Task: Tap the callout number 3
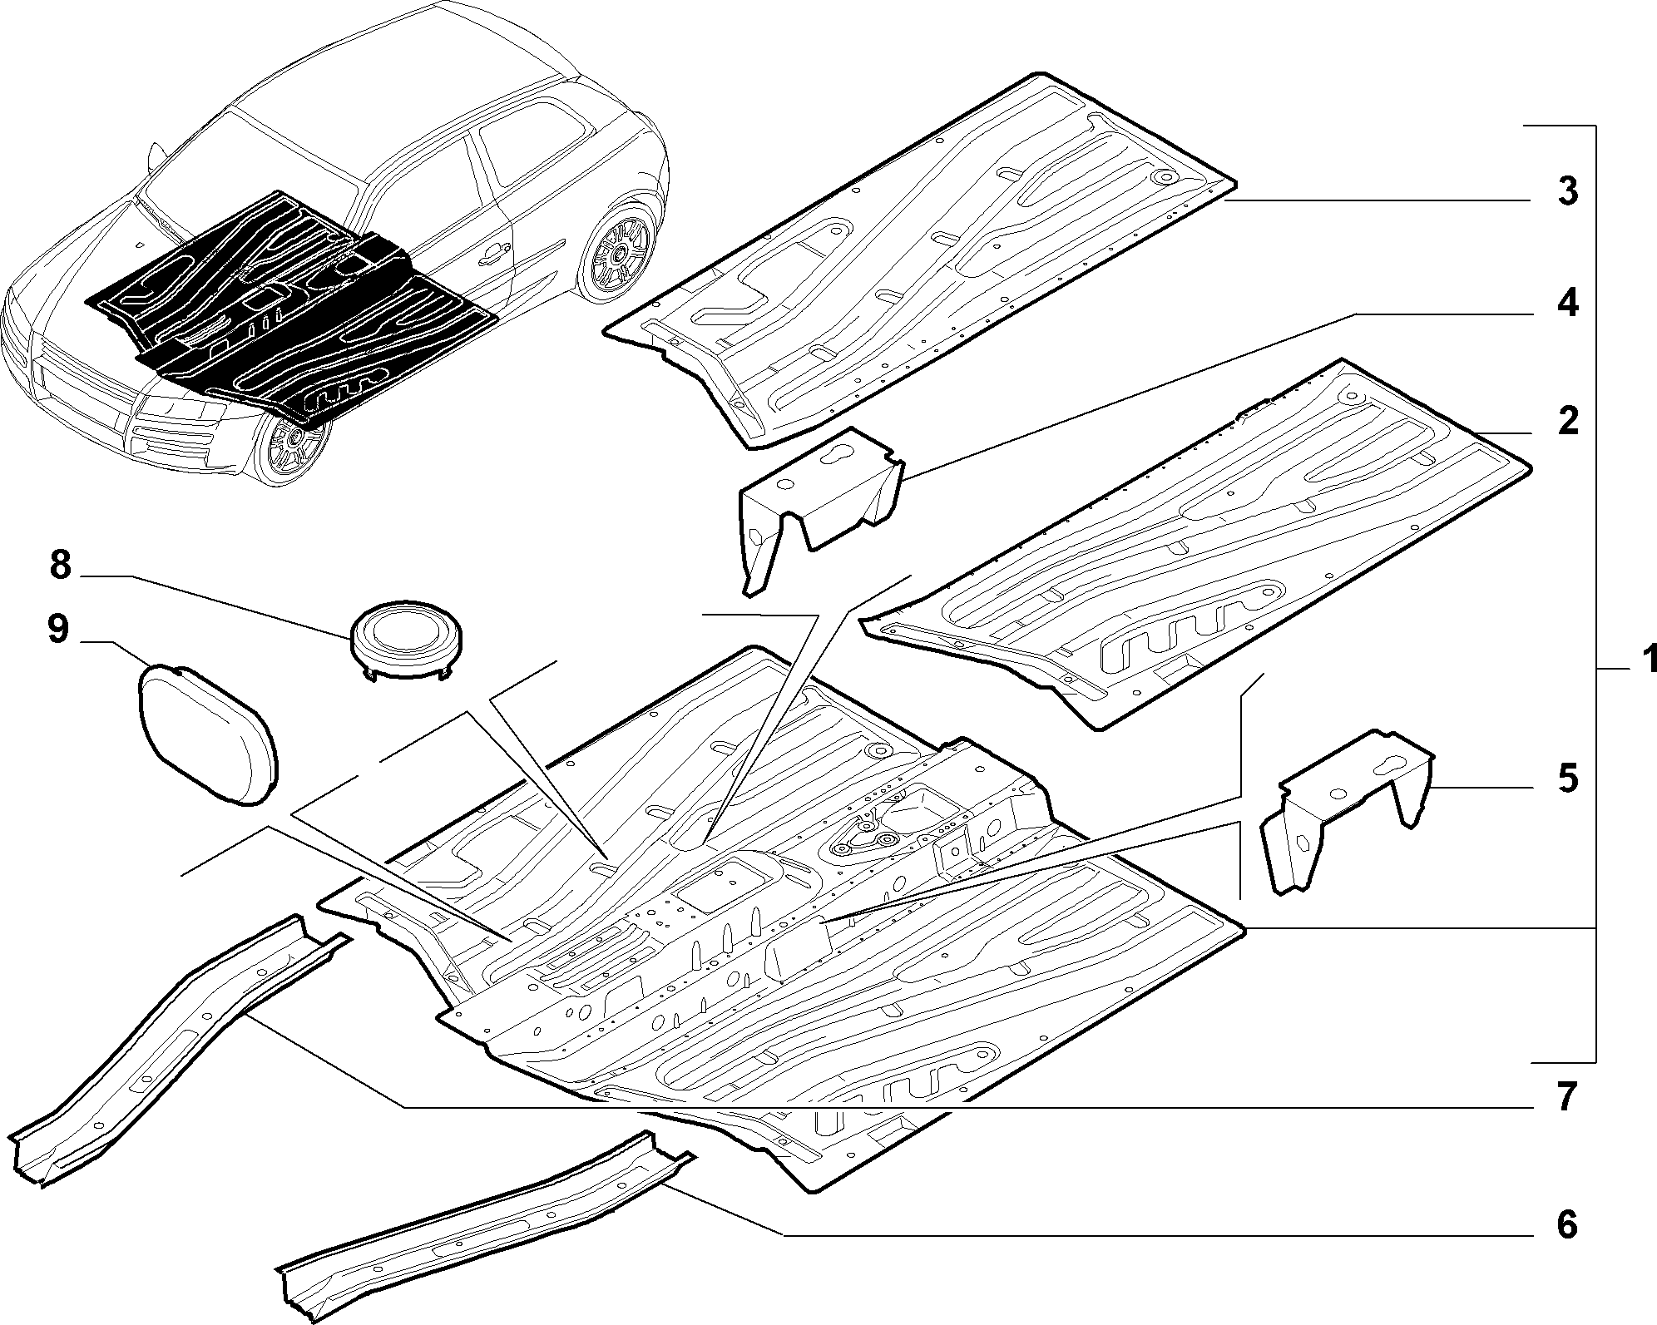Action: pyautogui.click(x=1567, y=192)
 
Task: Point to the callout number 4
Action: pyautogui.click(x=1567, y=304)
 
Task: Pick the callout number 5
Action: pyautogui.click(x=1567, y=779)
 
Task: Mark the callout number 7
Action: pyautogui.click(x=1567, y=1098)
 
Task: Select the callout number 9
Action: pyautogui.click(x=57, y=630)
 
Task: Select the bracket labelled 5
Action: pyautogui.click(x=1348, y=803)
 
